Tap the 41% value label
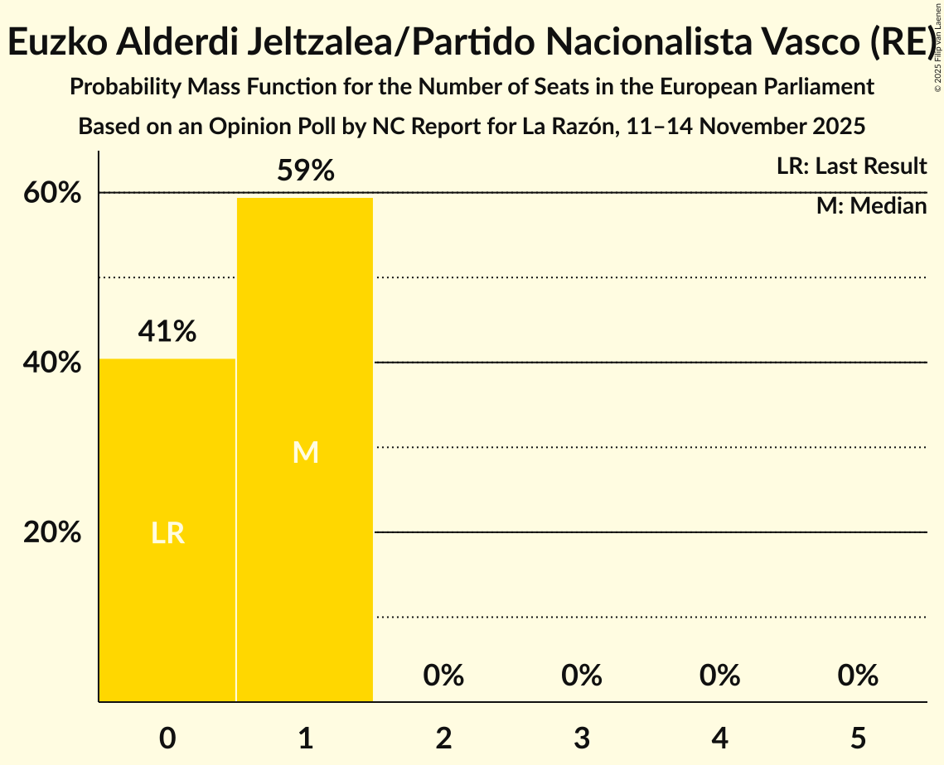(x=167, y=331)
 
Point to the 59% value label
(x=305, y=171)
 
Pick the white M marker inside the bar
(x=305, y=452)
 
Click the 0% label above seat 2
(x=443, y=676)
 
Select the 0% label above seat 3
(x=581, y=676)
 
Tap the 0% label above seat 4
(x=719, y=676)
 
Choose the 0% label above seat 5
(x=857, y=676)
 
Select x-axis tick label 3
(x=581, y=738)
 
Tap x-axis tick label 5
(x=857, y=738)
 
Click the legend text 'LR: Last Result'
(x=851, y=166)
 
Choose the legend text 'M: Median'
(x=871, y=205)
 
